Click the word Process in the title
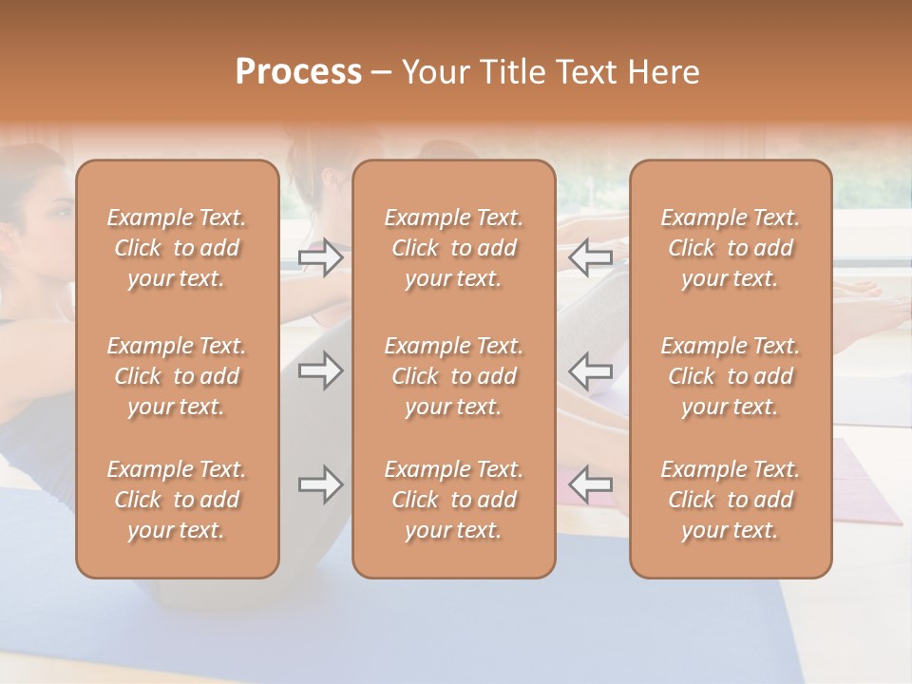pos(298,72)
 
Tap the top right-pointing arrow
pos(321,257)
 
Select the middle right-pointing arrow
pos(321,370)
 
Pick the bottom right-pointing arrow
pos(321,484)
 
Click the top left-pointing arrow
pos(591,257)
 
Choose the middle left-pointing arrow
pos(591,370)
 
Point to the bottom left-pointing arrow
pos(591,484)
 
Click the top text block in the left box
pos(177,248)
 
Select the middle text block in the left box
pos(177,376)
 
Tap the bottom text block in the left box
pos(177,500)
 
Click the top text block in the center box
pos(454,248)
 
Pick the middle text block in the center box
pos(454,376)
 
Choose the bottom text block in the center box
pos(454,500)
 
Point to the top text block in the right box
pos(731,248)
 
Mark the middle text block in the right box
pos(731,376)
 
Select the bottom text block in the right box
pos(731,500)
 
